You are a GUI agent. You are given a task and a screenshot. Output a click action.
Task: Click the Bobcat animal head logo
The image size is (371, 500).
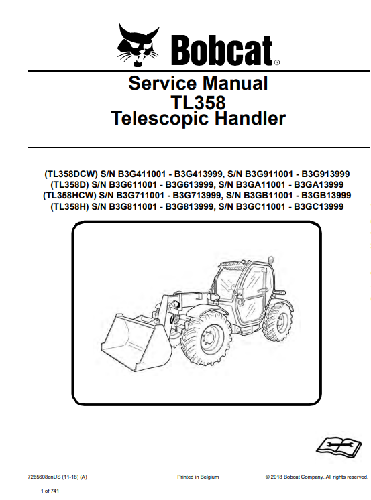tap(138, 45)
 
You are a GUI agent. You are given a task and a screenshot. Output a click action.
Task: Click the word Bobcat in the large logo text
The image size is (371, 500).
tap(221, 50)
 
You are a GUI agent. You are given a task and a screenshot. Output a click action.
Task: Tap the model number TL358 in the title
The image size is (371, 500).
tap(198, 102)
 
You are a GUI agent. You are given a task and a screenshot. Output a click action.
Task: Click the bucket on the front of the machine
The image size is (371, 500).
tap(137, 342)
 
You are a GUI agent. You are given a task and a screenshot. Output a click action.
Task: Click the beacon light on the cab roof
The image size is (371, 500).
tap(271, 260)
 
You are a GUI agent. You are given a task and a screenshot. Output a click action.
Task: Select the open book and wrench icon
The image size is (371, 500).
tap(338, 446)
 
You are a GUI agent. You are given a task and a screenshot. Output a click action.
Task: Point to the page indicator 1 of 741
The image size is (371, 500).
tap(50, 491)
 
